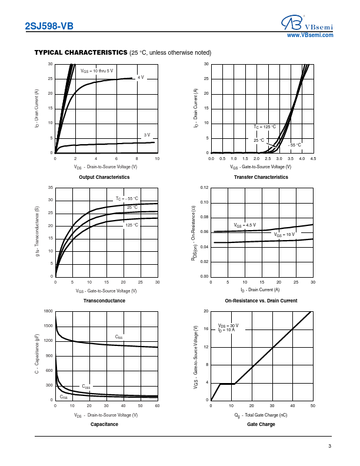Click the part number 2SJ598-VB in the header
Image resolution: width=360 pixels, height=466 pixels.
pos(49,25)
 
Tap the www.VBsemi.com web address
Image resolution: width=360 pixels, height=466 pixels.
pos(310,35)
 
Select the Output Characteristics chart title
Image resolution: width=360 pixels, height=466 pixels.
pos(104,177)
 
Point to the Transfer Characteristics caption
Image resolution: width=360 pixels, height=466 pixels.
pos(261,177)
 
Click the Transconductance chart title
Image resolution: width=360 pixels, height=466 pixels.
pos(104,301)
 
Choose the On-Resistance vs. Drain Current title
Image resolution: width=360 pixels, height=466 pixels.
pos(261,301)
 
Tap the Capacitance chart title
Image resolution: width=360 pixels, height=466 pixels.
pos(104,424)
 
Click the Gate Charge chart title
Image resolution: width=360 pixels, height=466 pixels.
pos(261,424)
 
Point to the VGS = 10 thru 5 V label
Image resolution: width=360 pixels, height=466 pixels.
pos(96,71)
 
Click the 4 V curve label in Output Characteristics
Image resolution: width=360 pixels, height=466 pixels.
pos(141,77)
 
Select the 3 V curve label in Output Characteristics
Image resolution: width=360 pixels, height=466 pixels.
pos(147,135)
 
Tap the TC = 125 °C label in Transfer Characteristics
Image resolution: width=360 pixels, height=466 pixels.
pos(265,127)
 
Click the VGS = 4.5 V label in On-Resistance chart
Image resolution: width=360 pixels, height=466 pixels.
pos(245,225)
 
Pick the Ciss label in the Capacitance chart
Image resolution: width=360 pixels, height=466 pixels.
pos(119,337)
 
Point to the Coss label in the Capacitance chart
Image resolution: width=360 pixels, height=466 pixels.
pos(86,387)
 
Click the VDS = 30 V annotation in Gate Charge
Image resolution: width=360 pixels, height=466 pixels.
pos(228,325)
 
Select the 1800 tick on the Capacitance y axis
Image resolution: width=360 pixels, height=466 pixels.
pos(49,311)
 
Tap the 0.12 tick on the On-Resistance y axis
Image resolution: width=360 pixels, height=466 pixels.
pos(204,188)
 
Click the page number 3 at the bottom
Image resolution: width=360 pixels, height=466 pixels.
pos(330,447)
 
